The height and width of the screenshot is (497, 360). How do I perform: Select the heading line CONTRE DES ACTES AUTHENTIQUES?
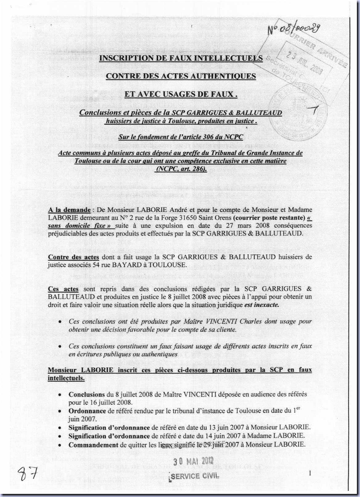click(181, 76)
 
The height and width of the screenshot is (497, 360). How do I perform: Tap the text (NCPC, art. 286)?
click(180, 169)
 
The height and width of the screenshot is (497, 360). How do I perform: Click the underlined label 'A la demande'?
click(69, 210)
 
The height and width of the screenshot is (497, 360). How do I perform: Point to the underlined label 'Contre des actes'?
click(73, 257)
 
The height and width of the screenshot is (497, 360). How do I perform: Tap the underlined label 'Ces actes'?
click(63, 289)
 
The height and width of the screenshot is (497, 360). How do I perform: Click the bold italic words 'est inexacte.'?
click(262, 305)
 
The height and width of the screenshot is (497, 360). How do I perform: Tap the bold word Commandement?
click(93, 445)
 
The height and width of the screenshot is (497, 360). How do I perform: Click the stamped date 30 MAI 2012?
click(193, 461)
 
